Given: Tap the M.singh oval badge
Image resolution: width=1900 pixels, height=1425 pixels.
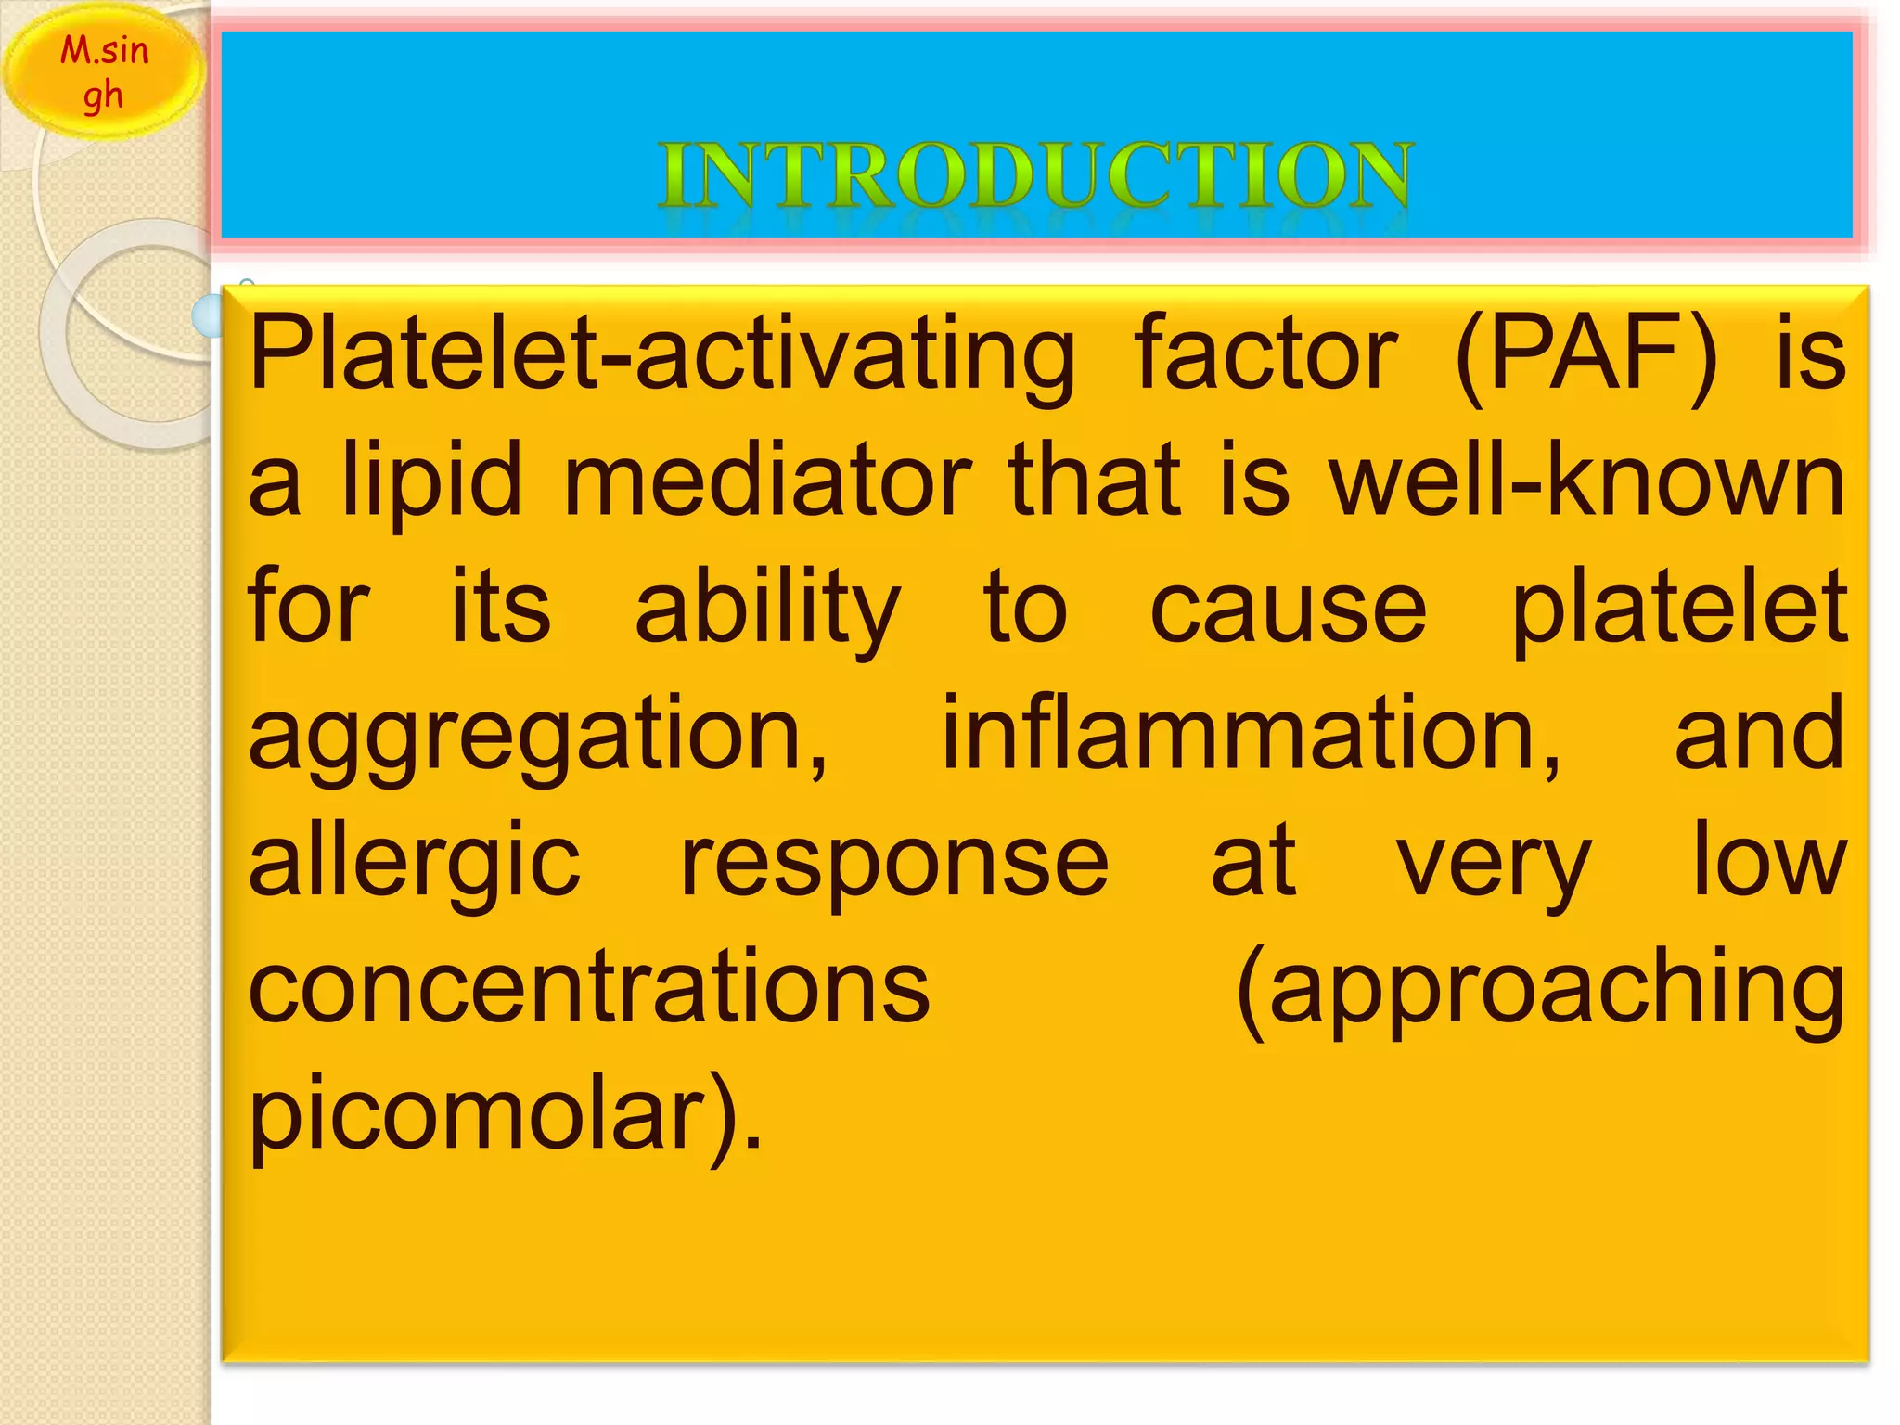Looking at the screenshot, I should [x=104, y=72].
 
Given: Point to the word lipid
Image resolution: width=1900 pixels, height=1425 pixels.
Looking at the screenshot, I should [x=432, y=482].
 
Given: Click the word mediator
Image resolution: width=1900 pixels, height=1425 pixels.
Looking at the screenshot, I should [x=767, y=482].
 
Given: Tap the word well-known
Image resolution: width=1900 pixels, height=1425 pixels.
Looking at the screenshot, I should [x=1587, y=482].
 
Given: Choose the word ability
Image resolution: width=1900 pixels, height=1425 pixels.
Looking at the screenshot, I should [x=767, y=610].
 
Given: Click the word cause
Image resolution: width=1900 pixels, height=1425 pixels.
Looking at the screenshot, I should [x=1288, y=610].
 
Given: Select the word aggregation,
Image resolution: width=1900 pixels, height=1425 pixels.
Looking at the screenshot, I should [x=538, y=738].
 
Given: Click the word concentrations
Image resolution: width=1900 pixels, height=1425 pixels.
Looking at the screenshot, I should [x=589, y=989].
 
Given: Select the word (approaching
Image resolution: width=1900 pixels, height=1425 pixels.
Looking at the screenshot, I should [x=1540, y=991].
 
